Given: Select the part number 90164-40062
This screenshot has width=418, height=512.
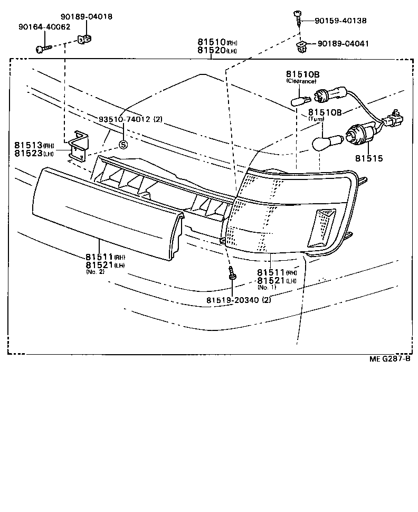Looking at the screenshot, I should pyautogui.click(x=44, y=26).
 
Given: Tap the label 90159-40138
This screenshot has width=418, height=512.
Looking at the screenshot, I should pyautogui.click(x=340, y=21).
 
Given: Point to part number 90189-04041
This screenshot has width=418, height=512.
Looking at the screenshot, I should pyautogui.click(x=344, y=44).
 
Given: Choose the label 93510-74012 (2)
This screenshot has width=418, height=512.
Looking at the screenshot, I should pyautogui.click(x=130, y=119).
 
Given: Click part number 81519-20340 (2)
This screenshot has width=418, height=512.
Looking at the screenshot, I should pyautogui.click(x=239, y=300).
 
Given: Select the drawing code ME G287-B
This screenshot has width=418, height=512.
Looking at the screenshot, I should pyautogui.click(x=389, y=359).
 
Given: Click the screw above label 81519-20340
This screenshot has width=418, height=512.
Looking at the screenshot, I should pyautogui.click(x=232, y=274).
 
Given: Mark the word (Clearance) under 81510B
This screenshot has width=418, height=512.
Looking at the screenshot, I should pyautogui.click(x=301, y=81).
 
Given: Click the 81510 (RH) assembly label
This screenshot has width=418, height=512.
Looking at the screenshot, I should pyautogui.click(x=211, y=42).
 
